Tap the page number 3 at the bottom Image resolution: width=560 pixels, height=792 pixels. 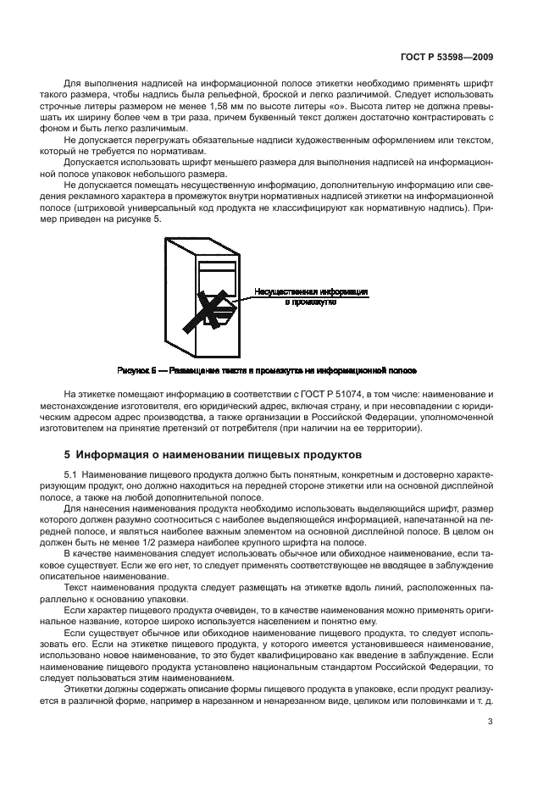pyautogui.click(x=491, y=722)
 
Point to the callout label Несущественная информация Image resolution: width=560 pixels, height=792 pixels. pyautogui.click(x=310, y=291)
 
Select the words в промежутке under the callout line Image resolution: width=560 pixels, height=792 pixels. pyautogui.click(x=310, y=302)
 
